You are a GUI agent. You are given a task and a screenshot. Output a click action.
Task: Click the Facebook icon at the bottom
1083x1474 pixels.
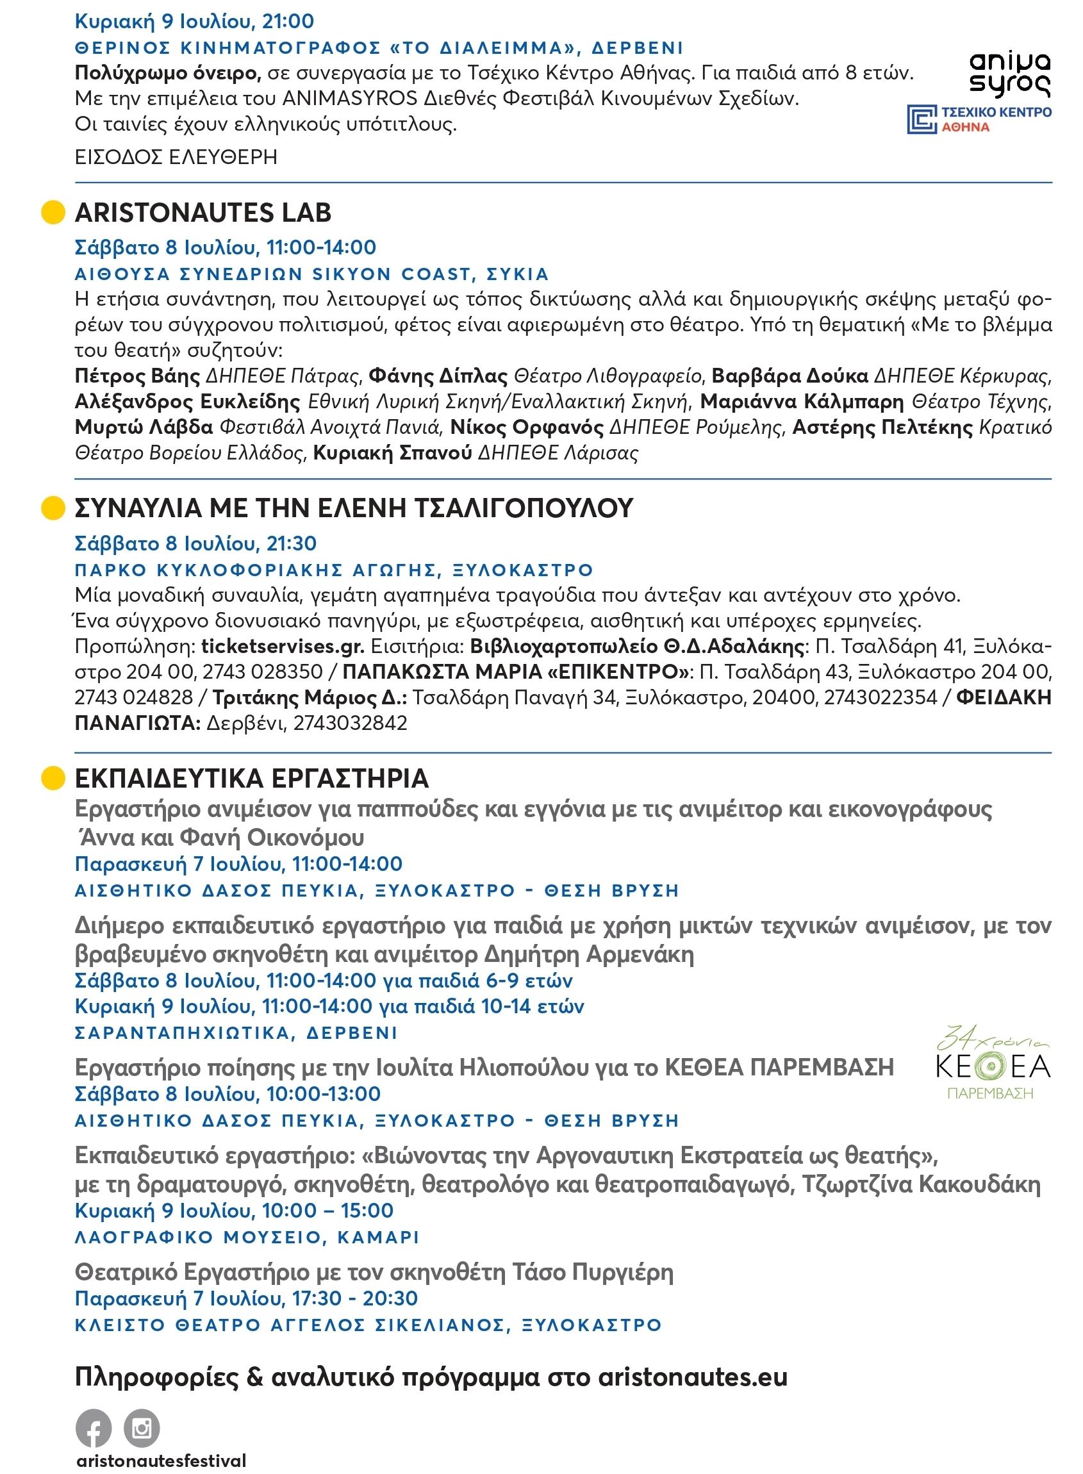[93, 1427]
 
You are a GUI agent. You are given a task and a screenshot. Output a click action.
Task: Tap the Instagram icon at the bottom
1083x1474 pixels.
[142, 1427]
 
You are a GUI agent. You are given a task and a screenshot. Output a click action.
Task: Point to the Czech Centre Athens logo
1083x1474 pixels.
[979, 119]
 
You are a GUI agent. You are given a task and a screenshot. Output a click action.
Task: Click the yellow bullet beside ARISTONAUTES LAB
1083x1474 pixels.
[53, 212]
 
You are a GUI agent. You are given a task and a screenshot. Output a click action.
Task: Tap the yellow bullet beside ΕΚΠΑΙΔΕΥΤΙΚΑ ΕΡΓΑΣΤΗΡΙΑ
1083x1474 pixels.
[53, 778]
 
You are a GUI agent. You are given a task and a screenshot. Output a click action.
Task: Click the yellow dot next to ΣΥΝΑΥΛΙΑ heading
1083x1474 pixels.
[53, 508]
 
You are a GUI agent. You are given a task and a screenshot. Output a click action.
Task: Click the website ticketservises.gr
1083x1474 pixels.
[283, 647]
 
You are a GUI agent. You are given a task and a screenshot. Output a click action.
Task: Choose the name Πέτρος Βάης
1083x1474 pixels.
[137, 376]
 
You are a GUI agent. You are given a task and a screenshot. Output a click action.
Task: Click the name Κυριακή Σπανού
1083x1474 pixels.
[392, 452]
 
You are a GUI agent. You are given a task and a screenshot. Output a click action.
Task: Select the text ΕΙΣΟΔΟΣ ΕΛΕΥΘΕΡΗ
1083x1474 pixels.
[176, 158]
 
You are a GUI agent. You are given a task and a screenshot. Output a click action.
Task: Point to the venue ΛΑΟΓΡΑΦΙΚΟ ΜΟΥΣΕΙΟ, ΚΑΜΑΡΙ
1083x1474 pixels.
[247, 1238]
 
